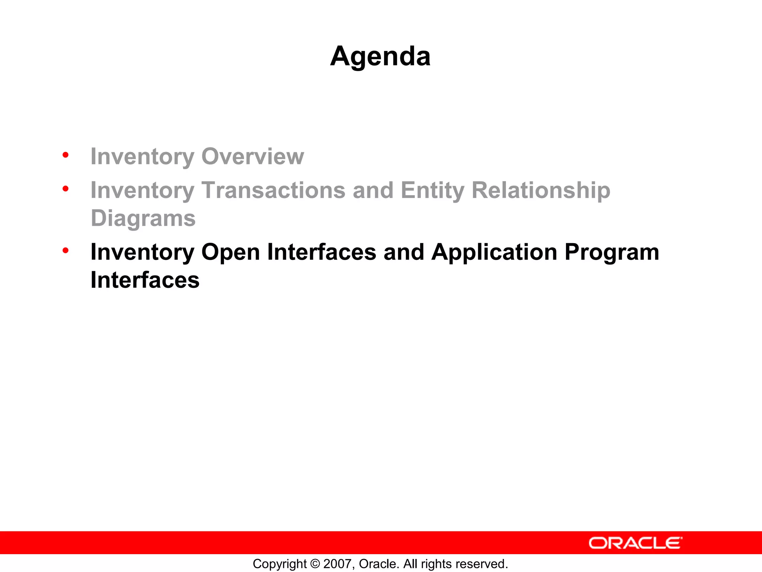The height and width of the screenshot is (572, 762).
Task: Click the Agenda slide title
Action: [x=380, y=56]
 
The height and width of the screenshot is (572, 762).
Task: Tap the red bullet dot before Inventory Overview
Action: [x=65, y=155]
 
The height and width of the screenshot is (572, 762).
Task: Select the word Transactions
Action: [x=273, y=190]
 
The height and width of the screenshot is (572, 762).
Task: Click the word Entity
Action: [x=432, y=190]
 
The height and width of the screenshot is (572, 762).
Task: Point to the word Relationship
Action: [x=541, y=190]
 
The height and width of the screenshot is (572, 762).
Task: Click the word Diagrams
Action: [x=143, y=218]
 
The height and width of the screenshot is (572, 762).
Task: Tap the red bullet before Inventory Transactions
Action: [x=65, y=188]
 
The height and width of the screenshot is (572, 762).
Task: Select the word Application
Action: [x=494, y=252]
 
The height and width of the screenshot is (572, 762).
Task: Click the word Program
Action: [x=612, y=252]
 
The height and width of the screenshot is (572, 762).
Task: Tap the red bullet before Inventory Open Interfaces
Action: [x=65, y=250]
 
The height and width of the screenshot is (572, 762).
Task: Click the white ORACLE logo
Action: [x=635, y=543]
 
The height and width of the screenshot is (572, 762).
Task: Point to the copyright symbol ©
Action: [x=315, y=564]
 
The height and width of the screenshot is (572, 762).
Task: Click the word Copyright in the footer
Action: [x=280, y=564]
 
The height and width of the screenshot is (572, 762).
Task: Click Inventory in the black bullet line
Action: [x=143, y=252]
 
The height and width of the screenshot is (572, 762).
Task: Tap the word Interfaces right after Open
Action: [x=321, y=252]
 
